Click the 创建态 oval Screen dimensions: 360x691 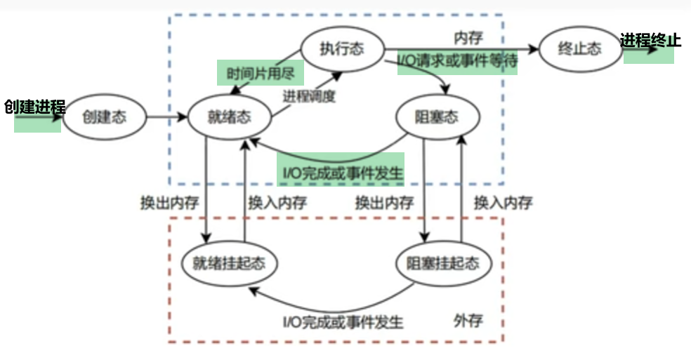point(104,117)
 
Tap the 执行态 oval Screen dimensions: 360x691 point(342,50)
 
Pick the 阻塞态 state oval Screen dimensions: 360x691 point(437,117)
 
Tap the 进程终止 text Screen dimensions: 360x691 point(650,40)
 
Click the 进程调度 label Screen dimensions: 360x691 point(309,96)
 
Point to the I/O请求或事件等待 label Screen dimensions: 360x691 point(457,61)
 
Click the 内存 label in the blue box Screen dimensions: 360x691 point(468,35)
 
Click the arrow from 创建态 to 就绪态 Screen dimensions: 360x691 point(167,117)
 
